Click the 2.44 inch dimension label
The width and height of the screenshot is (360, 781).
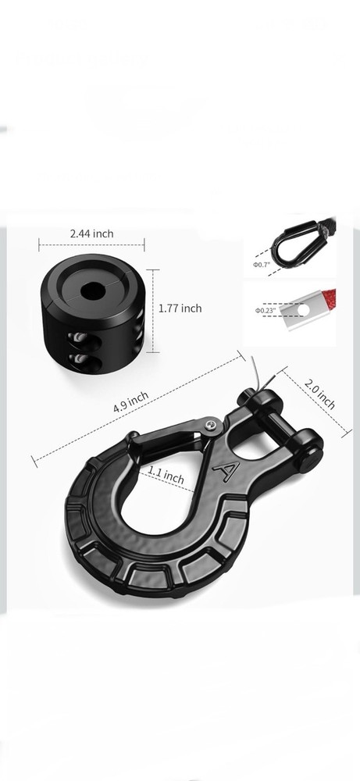point(91,234)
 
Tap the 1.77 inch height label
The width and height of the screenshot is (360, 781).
point(180,308)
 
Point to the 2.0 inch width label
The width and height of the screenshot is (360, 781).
point(320,394)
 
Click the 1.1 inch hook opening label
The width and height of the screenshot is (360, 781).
point(166,474)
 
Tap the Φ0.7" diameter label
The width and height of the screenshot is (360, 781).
point(262,265)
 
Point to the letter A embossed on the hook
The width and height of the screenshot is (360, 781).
point(227,470)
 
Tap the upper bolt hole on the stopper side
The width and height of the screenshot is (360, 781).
point(78,337)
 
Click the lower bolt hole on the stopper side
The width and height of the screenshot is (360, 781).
point(78,358)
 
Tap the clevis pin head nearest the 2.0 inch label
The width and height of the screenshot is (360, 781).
point(311,450)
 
